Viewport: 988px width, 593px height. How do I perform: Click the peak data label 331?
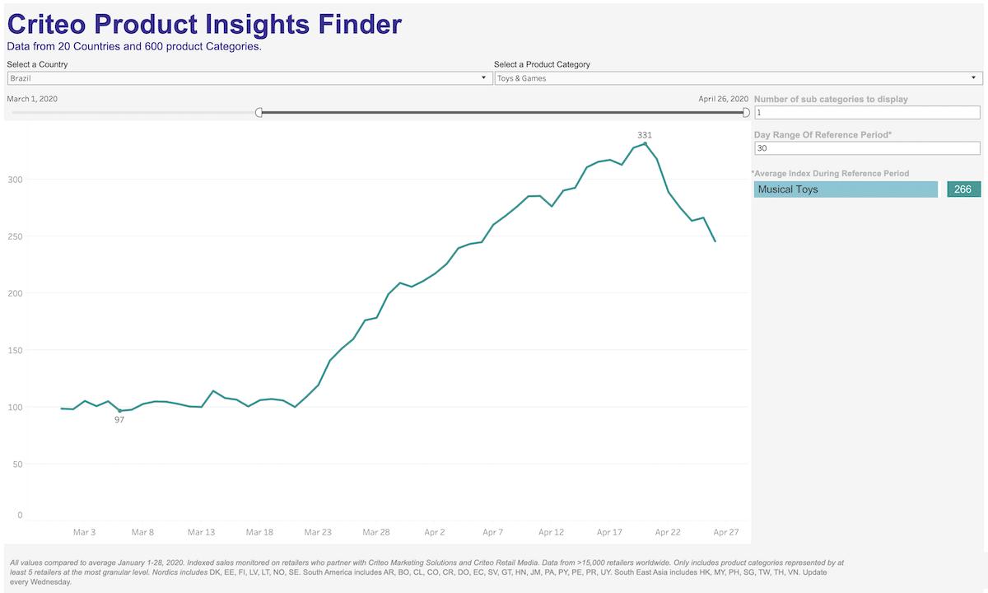[645, 134]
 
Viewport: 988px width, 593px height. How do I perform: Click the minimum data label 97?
[119, 420]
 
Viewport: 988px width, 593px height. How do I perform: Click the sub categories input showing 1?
[867, 112]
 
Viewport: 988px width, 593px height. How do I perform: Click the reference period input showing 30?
[867, 148]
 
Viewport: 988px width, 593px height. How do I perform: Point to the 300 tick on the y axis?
[15, 180]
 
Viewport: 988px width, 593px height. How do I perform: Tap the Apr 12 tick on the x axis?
[551, 532]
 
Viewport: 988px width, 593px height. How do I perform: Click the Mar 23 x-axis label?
[318, 532]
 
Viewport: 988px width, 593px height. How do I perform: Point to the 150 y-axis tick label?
[15, 350]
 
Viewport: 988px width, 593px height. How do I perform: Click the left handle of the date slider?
[259, 112]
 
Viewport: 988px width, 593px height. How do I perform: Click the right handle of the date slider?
[746, 112]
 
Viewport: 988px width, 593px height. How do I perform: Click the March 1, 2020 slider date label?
[32, 99]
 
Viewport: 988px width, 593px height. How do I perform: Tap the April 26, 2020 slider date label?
[724, 99]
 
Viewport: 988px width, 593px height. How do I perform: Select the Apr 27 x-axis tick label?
[726, 532]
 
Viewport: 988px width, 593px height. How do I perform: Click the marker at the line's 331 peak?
[645, 143]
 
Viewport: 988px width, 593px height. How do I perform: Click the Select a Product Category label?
[542, 64]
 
